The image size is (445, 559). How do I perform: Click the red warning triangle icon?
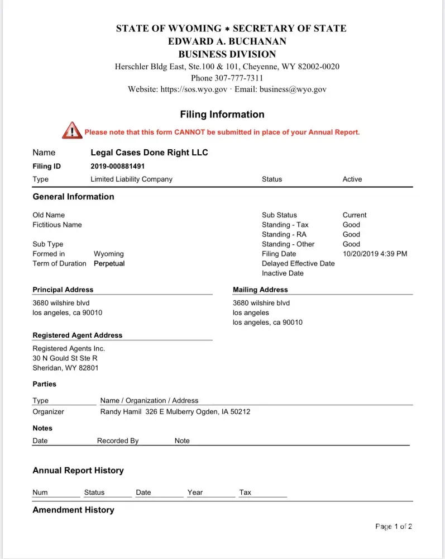(x=71, y=130)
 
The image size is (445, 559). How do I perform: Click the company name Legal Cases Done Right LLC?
(x=149, y=153)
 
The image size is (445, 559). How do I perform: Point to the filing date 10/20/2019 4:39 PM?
(x=375, y=254)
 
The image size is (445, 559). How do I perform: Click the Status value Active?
(x=352, y=179)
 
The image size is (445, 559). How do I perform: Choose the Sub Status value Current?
(x=354, y=215)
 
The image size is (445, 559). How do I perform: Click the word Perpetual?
(x=109, y=264)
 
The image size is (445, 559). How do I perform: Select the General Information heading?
(x=73, y=197)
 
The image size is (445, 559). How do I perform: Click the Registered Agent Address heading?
(x=77, y=335)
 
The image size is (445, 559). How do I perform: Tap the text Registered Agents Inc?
(x=69, y=349)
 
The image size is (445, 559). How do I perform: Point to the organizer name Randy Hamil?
(x=120, y=412)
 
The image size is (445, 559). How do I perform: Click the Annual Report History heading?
(x=78, y=471)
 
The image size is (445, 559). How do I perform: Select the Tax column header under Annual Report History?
(x=245, y=492)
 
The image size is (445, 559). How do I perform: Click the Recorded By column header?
(x=118, y=441)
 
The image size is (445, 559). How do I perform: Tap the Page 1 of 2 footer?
(x=393, y=527)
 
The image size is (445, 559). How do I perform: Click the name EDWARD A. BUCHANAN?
(x=227, y=41)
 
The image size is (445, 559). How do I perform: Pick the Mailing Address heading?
(x=260, y=290)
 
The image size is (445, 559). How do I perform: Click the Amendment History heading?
(x=73, y=510)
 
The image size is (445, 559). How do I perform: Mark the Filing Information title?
(x=222, y=115)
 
